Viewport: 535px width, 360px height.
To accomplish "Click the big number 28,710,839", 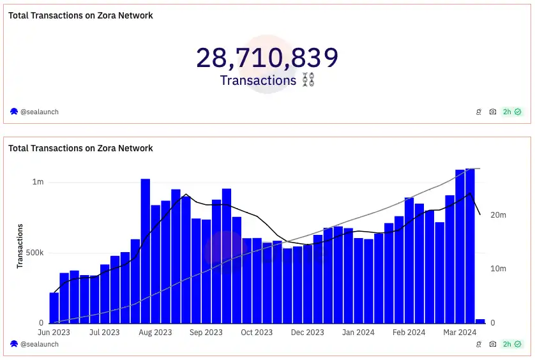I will click(x=267, y=58).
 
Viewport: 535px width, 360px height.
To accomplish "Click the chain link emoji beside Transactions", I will click(x=308, y=80).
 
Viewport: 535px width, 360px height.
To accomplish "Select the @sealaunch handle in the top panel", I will click(x=40, y=112).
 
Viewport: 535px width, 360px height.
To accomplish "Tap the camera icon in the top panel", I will click(x=493, y=112).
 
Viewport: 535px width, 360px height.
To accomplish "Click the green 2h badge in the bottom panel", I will click(x=512, y=344).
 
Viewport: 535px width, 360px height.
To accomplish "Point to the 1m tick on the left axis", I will click(x=38, y=182).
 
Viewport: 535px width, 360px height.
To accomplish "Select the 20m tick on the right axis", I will click(x=498, y=215).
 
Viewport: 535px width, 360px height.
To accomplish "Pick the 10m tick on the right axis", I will click(x=498, y=269).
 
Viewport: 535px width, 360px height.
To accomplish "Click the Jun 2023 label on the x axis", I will click(x=54, y=333).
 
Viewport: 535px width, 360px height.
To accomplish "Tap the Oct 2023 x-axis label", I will click(x=257, y=333).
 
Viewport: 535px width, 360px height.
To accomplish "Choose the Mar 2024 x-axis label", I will click(x=460, y=333).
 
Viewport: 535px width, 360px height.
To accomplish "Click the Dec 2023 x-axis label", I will click(x=307, y=333).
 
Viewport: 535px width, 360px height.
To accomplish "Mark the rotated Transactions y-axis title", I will click(x=20, y=246).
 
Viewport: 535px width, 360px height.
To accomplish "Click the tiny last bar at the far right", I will click(x=480, y=321).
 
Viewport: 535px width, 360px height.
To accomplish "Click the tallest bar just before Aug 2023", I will click(x=146, y=251).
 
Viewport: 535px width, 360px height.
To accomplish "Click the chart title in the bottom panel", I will click(x=80, y=148).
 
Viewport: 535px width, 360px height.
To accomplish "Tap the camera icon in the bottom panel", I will click(x=493, y=344).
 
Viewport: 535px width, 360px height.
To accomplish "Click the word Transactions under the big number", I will click(x=258, y=80).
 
